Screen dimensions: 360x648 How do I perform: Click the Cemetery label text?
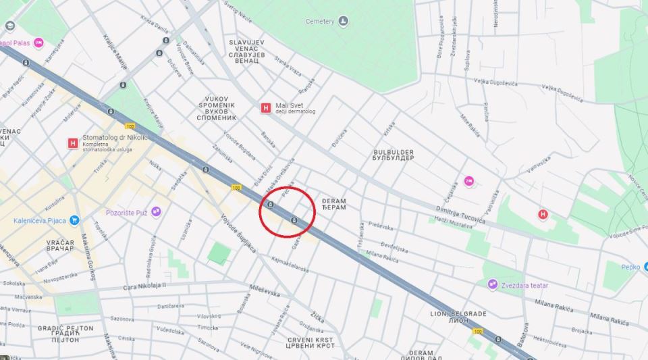[320, 22]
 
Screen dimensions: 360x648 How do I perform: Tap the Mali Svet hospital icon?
[266, 107]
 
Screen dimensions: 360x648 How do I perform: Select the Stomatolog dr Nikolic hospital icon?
[73, 143]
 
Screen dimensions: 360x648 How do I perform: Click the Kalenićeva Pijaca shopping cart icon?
[74, 220]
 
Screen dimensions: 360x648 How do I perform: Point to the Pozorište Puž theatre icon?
[156, 212]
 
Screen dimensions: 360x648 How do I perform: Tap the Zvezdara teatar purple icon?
[493, 285]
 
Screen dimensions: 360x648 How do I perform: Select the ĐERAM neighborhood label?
[333, 204]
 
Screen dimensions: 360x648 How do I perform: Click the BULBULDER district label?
[394, 155]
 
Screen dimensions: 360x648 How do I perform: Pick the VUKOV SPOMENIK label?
[217, 108]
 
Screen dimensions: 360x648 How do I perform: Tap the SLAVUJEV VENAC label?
[246, 51]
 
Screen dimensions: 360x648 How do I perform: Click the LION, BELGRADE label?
[458, 317]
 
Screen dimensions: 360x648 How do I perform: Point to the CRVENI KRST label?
[310, 342]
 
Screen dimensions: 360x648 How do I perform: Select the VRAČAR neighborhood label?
[60, 245]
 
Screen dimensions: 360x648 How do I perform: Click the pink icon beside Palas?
[38, 43]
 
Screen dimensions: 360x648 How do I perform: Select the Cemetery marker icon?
[343, 21]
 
